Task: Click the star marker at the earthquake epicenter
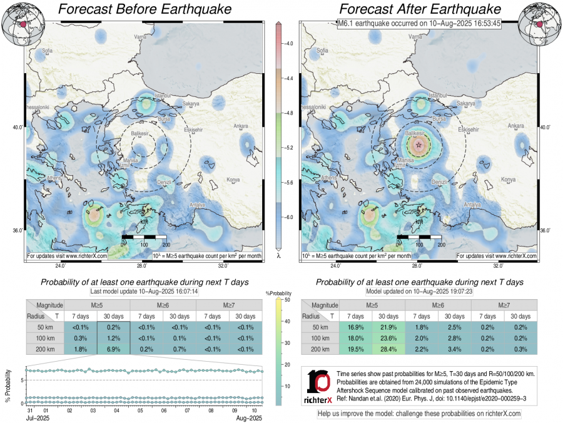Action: [418, 144]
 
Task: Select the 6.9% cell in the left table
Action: [114, 349]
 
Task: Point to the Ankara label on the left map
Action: [240, 126]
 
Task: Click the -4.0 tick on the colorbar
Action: [289, 44]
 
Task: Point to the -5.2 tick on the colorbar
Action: [289, 148]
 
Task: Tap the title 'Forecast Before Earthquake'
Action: [144, 9]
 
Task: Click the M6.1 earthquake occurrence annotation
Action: [419, 24]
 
